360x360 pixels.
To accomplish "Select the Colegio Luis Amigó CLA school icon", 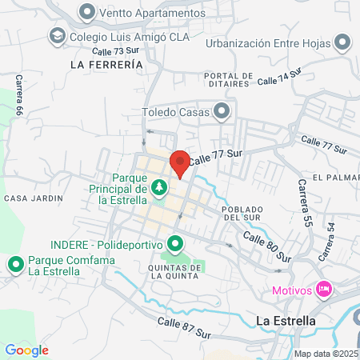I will (x=58, y=36).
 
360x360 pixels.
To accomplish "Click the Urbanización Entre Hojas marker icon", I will (x=343, y=42).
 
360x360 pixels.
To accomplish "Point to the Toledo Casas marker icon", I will (x=222, y=112).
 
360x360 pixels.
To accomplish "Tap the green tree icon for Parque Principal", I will (x=159, y=188).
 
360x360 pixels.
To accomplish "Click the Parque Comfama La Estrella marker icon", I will (x=14, y=264).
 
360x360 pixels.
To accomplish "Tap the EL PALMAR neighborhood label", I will (x=332, y=177).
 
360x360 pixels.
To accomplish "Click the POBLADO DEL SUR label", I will (x=243, y=210).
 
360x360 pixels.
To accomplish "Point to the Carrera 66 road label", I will (x=18, y=94).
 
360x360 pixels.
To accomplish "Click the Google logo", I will (x=26, y=350).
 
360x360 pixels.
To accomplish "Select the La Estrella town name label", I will (x=285, y=321).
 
